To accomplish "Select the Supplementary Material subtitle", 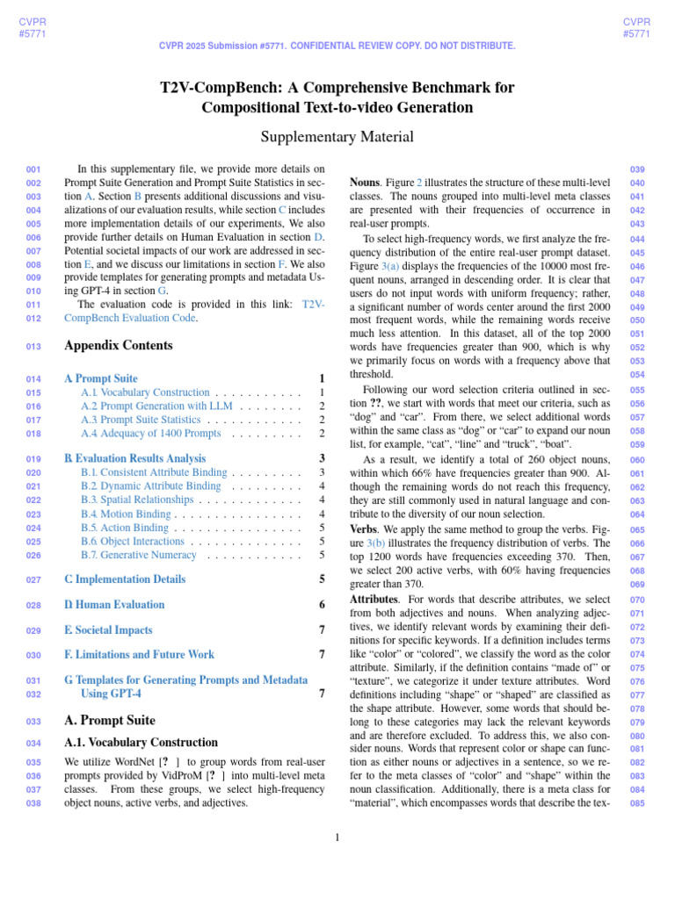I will pos(337,137).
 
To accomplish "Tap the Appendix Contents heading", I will pos(119,346).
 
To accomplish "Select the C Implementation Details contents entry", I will pos(125,579).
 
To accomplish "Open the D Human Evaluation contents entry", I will pos(114,605).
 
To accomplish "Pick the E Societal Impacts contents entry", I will pos(108,630).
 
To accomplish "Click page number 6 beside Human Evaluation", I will pos(323,605).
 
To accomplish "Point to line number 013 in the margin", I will pos(33,347).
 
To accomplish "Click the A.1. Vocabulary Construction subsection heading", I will pos(141,743).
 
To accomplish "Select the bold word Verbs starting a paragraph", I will pos(364,529).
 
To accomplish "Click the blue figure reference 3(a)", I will pos(391,266).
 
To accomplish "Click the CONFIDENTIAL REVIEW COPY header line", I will pos(337,46).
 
